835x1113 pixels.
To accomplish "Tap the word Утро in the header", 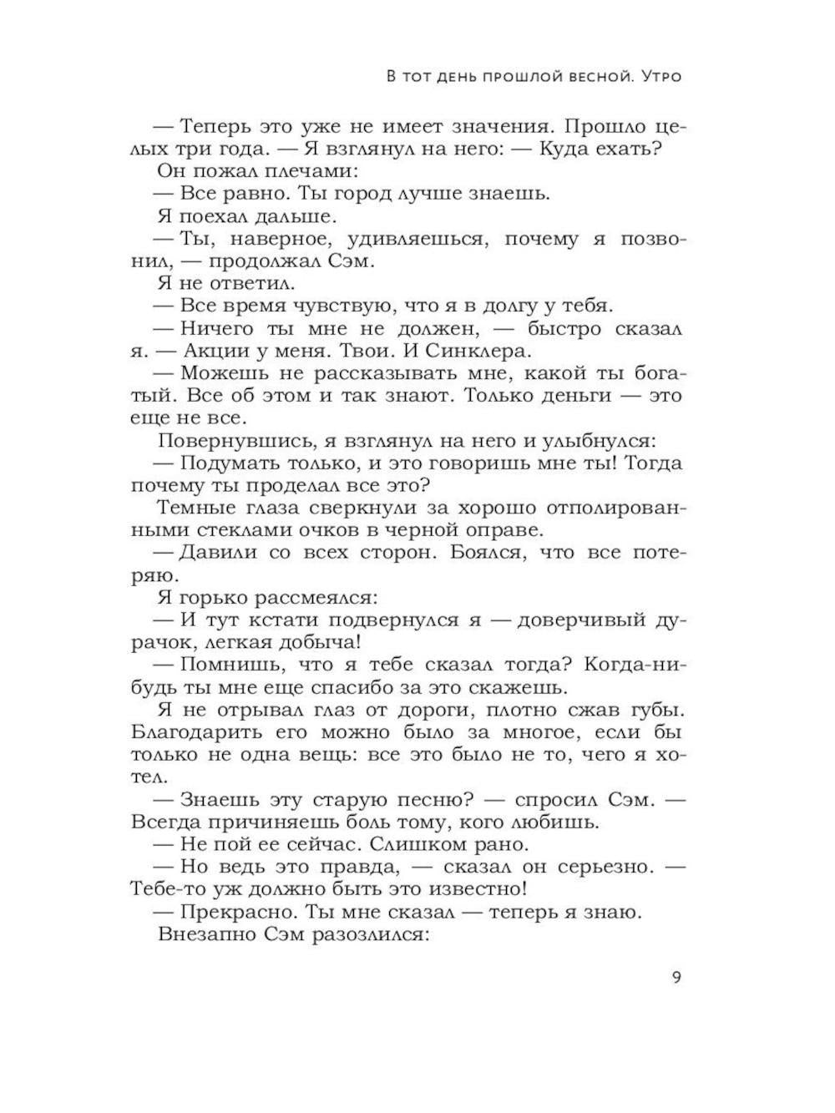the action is point(658,78).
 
